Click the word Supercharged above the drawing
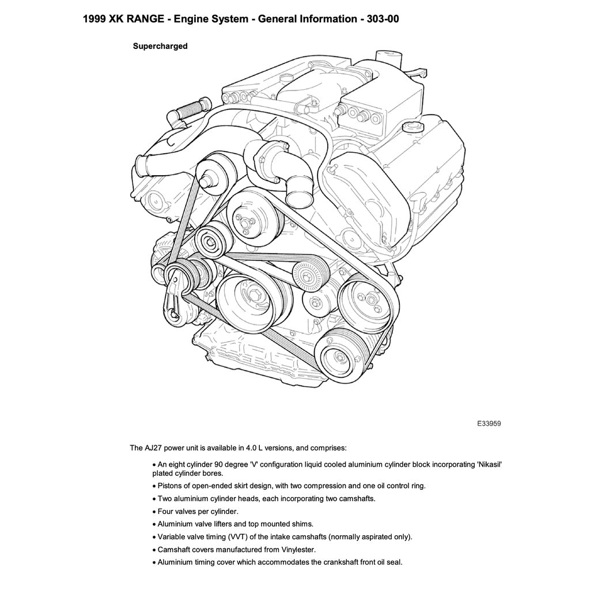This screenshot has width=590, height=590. pos(160,46)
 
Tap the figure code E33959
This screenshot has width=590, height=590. pos(489,423)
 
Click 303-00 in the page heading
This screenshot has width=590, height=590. pos(379,19)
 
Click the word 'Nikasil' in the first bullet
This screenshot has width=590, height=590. pos(490,464)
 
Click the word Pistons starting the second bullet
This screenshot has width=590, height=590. pos(170,486)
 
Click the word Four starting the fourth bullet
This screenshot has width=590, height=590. pos(167,511)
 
